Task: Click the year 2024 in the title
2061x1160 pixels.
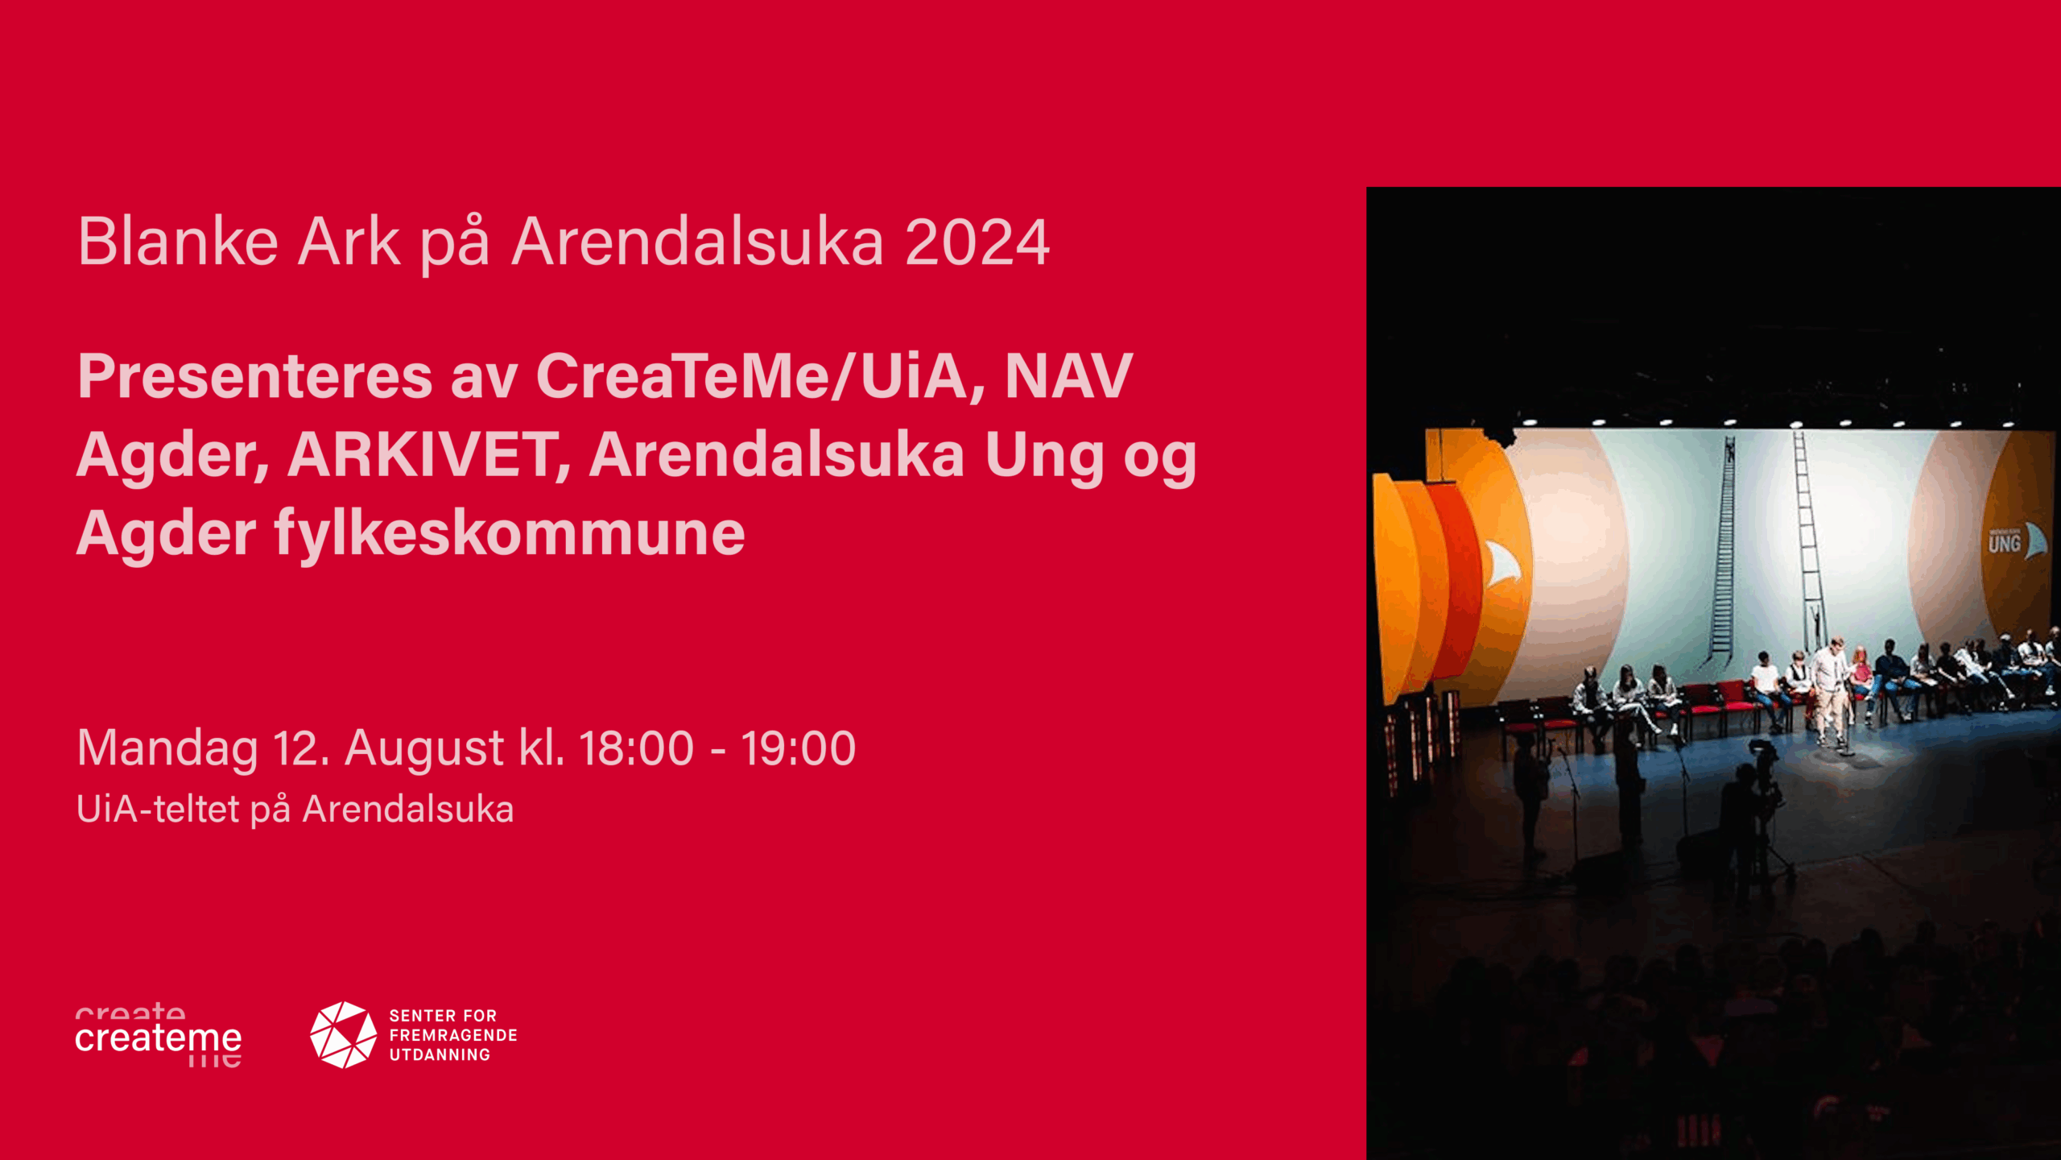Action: pos(977,242)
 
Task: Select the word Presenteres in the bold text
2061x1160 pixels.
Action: pos(255,375)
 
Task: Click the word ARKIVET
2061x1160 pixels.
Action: pos(429,455)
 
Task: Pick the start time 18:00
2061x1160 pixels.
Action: pos(636,748)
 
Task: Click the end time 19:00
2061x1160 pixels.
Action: pos(799,748)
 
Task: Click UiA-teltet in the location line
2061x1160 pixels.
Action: pos(159,809)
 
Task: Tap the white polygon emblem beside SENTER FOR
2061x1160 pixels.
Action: pos(344,1035)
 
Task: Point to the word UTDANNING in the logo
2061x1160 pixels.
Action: pos(440,1054)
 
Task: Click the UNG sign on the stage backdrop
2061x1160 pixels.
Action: pos(2005,544)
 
